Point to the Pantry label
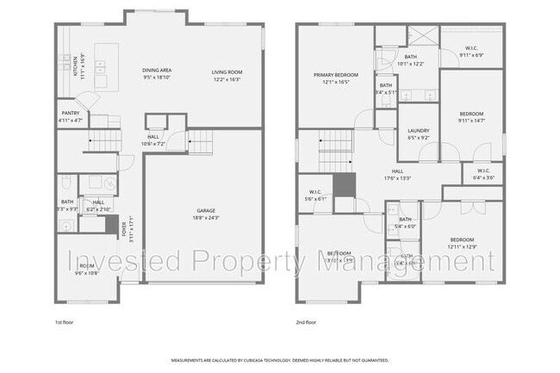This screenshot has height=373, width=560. pos(71,113)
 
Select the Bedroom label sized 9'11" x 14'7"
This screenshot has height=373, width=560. pos(471,114)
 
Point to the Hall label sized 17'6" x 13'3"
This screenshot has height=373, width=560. pos(397,171)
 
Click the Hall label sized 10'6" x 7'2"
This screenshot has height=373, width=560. pos(153,136)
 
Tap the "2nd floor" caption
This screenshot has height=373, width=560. pos(306,322)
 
